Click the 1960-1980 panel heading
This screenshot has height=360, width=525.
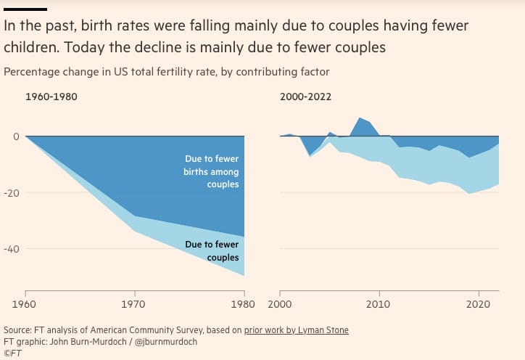[50, 97]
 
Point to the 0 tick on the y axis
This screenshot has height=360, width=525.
[14, 136]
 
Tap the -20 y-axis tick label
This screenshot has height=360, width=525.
[10, 193]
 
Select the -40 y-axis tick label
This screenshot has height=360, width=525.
[10, 249]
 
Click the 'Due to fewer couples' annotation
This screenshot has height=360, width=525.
[212, 251]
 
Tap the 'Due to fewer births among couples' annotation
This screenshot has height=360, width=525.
[210, 171]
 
